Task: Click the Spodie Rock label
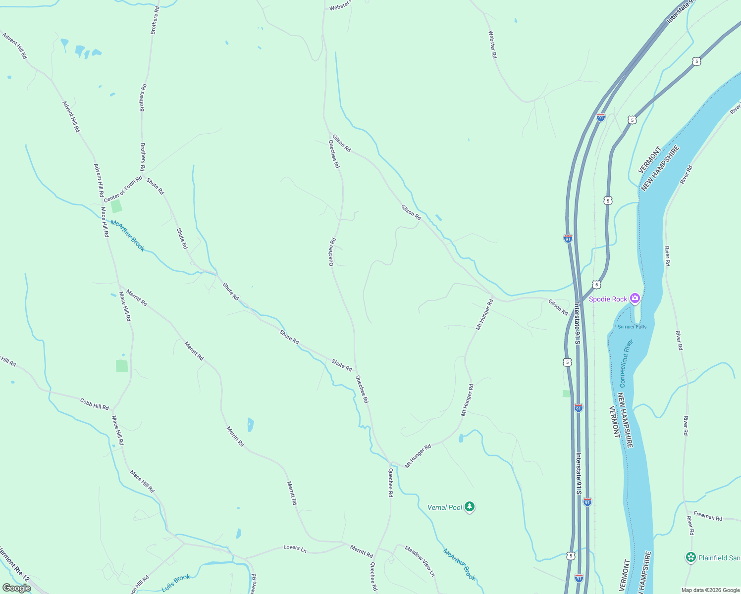point(608,299)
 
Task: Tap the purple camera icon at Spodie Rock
point(635,298)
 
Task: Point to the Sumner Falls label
point(632,327)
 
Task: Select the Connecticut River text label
point(626,363)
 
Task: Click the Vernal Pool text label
point(445,507)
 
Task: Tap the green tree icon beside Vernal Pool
point(470,507)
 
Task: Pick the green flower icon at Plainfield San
point(690,557)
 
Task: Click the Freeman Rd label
point(707,516)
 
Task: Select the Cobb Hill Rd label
point(94,404)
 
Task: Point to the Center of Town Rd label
point(123,189)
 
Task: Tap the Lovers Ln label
point(295,547)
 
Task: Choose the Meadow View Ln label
point(420,561)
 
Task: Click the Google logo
point(17,588)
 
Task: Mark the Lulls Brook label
point(176,583)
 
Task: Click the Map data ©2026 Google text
point(710,590)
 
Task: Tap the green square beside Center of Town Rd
point(116,206)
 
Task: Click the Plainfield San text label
point(719,558)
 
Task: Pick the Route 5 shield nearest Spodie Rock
point(596,285)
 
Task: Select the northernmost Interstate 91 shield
point(600,117)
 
